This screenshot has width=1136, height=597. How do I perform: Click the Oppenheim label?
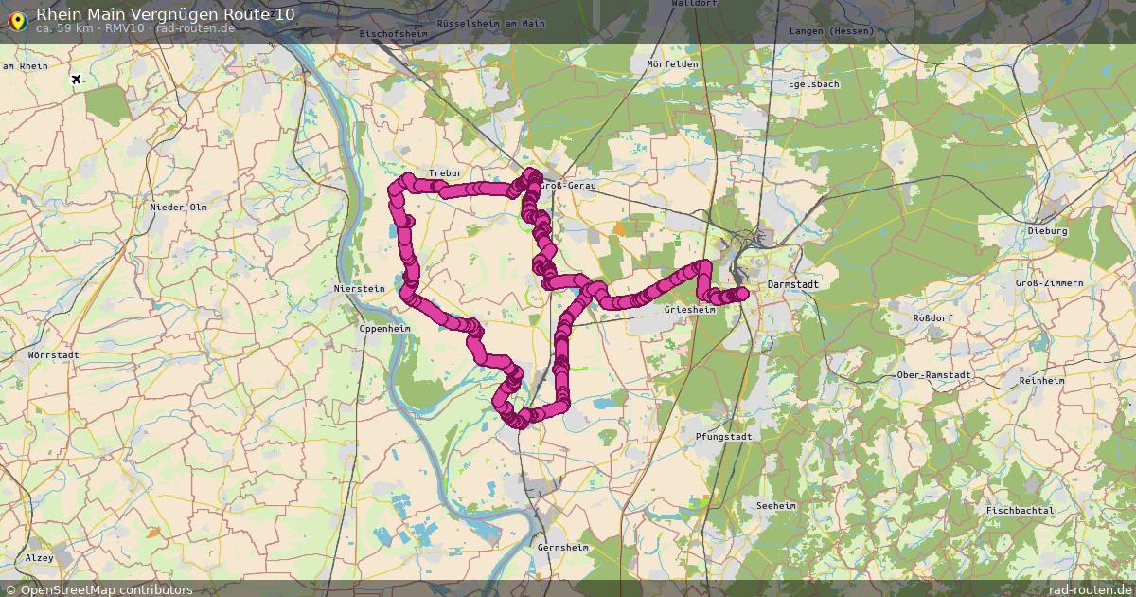(384, 329)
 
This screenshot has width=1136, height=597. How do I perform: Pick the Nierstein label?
(360, 288)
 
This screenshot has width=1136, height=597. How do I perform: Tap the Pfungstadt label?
(723, 437)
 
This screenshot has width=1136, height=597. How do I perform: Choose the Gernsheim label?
(562, 548)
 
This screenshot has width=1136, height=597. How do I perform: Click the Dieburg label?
(1047, 231)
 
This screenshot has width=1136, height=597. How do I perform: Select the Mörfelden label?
(672, 64)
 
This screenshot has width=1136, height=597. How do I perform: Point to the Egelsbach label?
(813, 83)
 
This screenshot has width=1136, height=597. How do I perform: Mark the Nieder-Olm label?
(178, 207)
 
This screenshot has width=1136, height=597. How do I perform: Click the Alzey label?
(40, 558)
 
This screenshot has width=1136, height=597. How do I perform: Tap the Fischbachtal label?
(1020, 511)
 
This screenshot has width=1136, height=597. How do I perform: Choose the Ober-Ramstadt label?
(933, 375)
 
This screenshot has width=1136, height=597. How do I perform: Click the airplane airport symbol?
(77, 81)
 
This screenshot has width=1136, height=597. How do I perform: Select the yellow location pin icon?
(17, 19)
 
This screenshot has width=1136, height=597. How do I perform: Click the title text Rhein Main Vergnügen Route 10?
(165, 14)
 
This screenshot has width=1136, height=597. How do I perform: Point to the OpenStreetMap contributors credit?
(98, 589)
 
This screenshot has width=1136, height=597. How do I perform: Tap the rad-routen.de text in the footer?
(1091, 589)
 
